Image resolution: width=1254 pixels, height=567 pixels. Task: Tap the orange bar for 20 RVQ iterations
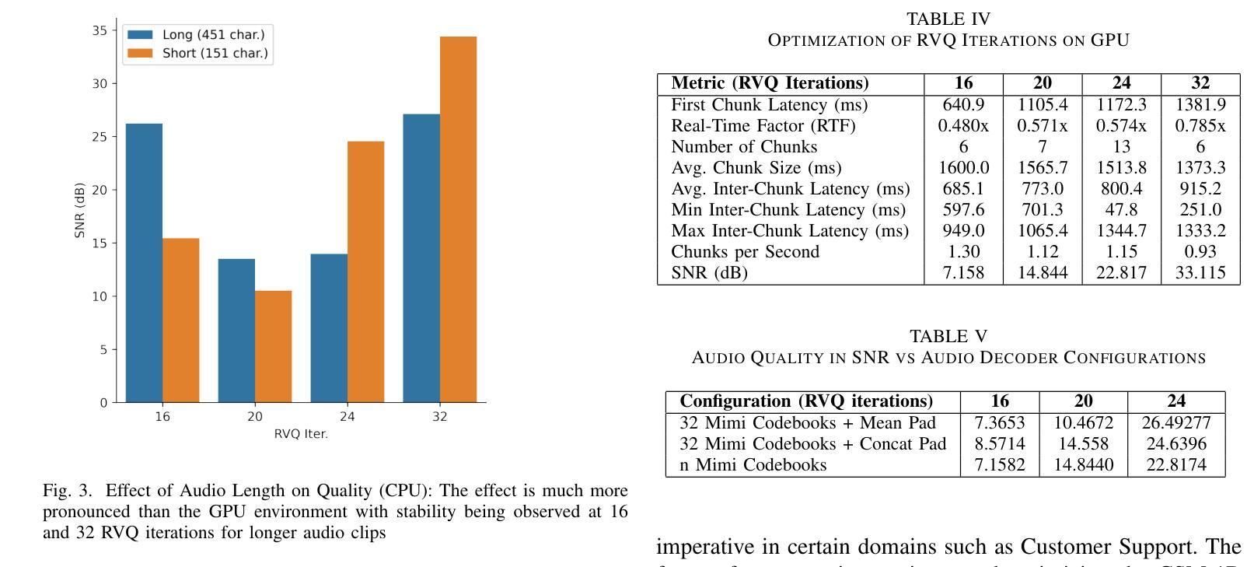(273, 346)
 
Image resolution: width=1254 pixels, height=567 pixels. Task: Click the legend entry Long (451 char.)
(213, 35)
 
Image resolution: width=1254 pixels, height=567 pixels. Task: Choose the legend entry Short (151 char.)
(215, 54)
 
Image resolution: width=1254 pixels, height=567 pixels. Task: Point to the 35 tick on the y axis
(100, 30)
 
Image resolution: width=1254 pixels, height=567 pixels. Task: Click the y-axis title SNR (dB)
(79, 211)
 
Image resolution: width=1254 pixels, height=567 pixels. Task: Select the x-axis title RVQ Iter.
(301, 434)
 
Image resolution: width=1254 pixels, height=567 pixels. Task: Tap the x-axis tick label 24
(347, 417)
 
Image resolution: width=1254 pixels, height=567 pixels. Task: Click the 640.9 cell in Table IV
(963, 104)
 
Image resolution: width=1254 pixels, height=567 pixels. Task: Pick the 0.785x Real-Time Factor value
(1200, 125)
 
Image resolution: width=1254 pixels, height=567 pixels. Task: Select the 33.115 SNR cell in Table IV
(1200, 272)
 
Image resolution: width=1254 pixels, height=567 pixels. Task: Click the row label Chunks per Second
(745, 251)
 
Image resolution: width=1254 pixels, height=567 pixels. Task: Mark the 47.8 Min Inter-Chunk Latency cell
(1120, 209)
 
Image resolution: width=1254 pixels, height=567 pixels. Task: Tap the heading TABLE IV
(948, 19)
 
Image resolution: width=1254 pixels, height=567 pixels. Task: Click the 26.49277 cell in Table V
(1175, 422)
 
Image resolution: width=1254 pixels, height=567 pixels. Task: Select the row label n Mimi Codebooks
(753, 464)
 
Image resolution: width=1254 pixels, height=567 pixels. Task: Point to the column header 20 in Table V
(1083, 401)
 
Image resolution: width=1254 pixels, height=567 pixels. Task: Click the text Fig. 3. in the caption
(67, 491)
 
